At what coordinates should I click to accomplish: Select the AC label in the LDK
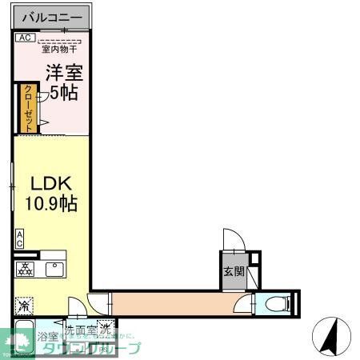(x=19, y=238)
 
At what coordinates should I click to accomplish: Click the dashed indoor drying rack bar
(x=61, y=40)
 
